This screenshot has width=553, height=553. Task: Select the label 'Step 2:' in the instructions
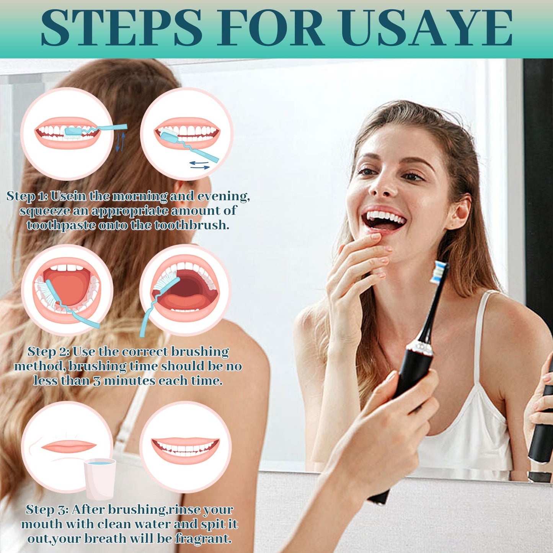pyautogui.click(x=48, y=352)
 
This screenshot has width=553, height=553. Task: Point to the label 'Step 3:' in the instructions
pyautogui.click(x=47, y=510)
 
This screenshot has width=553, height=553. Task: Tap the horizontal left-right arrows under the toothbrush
pyautogui.click(x=199, y=165)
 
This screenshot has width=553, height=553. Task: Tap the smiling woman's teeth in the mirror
pyautogui.click(x=385, y=217)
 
